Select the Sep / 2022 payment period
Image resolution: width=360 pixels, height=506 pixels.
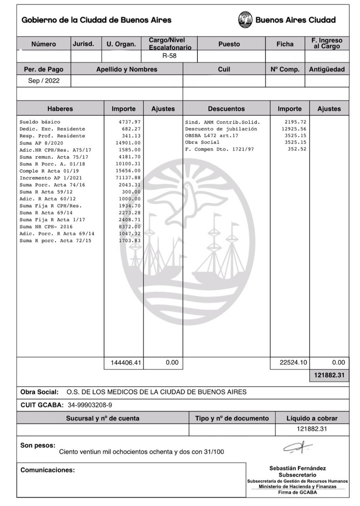click(44, 81)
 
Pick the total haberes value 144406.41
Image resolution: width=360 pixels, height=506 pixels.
click(123, 363)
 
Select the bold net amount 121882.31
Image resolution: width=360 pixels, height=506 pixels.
click(329, 376)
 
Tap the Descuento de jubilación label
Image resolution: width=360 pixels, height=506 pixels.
click(221, 129)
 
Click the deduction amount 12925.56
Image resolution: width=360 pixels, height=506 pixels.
click(294, 129)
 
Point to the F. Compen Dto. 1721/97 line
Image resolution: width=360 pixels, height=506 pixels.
click(220, 149)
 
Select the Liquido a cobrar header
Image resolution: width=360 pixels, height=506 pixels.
click(312, 418)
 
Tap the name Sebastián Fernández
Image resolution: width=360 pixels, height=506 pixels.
click(297, 468)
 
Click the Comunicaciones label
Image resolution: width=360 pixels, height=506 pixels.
click(47, 470)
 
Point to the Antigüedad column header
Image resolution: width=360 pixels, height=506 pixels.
click(327, 70)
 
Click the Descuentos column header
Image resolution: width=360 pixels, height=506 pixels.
click(226, 109)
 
